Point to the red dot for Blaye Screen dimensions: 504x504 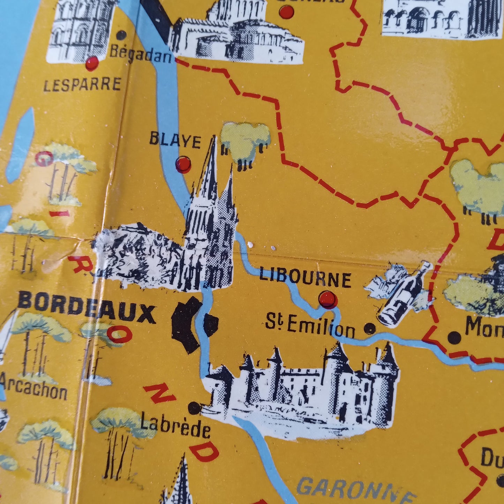(183, 164)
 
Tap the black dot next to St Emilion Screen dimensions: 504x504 (370, 328)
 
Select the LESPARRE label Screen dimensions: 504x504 (82, 85)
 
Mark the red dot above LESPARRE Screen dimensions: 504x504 (92, 63)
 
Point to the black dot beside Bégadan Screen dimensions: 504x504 (121, 35)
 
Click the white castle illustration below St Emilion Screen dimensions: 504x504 (303, 387)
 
